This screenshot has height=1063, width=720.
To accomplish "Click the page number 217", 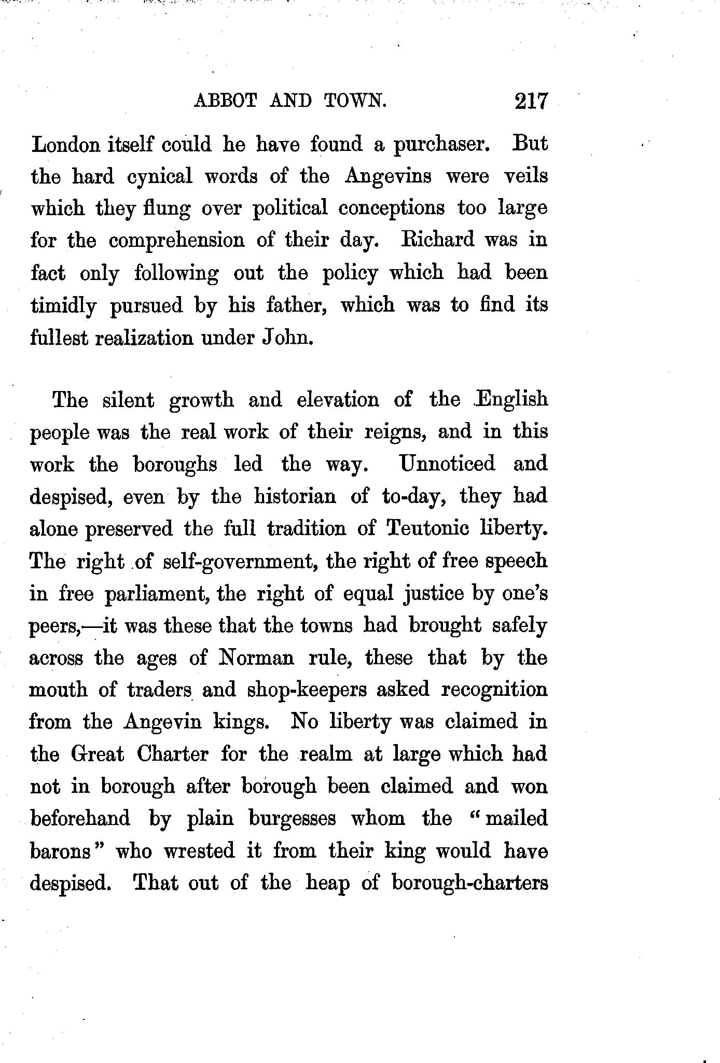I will tap(531, 101).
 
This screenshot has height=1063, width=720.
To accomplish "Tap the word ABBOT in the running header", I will tap(225, 100).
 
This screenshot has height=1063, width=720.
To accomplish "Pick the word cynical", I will tap(159, 177).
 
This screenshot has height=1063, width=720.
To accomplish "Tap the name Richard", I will tap(438, 240).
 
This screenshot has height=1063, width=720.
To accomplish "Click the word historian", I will tap(295, 496).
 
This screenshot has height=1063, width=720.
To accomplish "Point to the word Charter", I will tap(172, 754).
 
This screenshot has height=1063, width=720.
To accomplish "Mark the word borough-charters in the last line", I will tap(469, 883).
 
